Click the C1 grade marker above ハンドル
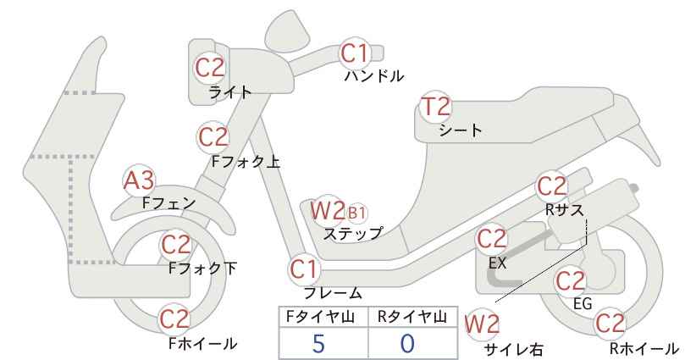(x=355, y=53)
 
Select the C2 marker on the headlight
(x=210, y=68)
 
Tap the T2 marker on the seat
(x=436, y=107)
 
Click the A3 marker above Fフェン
(x=139, y=180)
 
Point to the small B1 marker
(x=356, y=213)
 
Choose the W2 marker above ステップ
(x=328, y=210)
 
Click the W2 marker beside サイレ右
(x=482, y=324)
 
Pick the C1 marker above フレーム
(x=305, y=269)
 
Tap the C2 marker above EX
(x=491, y=239)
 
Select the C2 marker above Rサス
(x=552, y=186)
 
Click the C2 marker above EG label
(x=571, y=281)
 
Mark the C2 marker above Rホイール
(x=610, y=324)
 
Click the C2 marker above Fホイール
(x=174, y=318)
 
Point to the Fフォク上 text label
(x=246, y=161)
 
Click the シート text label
(x=461, y=130)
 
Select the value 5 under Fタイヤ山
(x=318, y=344)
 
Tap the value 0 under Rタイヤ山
(x=407, y=344)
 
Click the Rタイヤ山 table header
(x=412, y=317)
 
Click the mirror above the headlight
(x=287, y=29)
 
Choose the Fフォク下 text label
(x=203, y=269)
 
